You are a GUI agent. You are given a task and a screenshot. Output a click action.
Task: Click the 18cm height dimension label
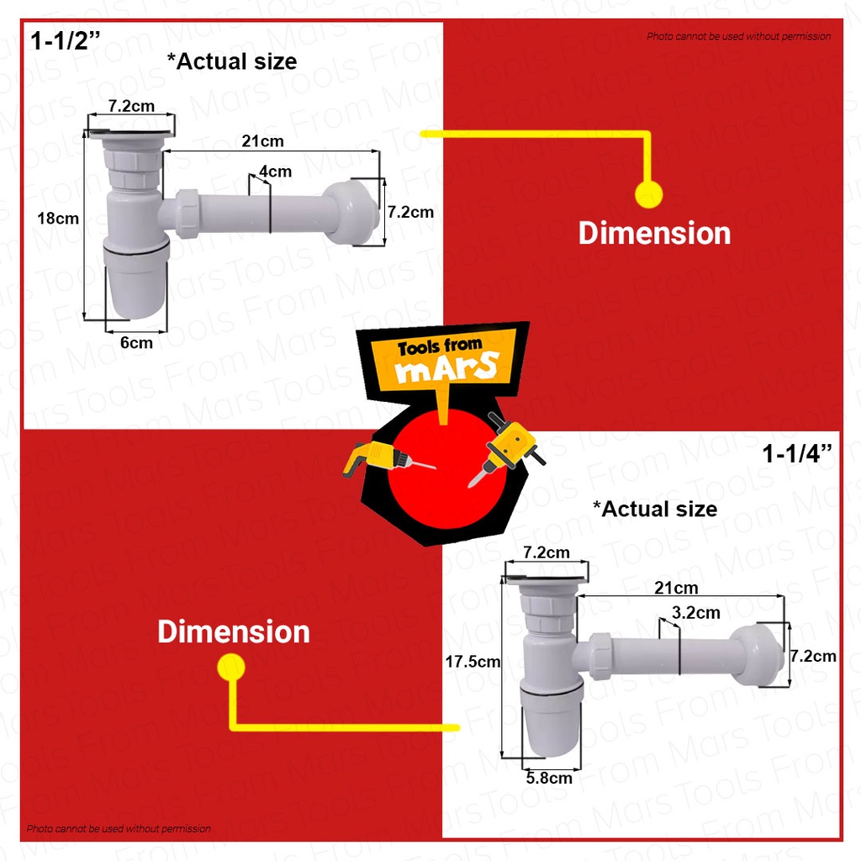coord(58,218)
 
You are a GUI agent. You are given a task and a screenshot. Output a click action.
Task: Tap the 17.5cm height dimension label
coord(473,662)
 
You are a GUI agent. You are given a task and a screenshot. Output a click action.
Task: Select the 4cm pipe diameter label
coord(276,172)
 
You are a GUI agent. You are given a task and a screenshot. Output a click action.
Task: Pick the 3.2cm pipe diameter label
coord(696,612)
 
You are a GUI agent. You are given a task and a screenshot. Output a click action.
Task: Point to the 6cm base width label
coord(136,342)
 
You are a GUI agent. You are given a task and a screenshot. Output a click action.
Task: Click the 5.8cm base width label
coord(549,778)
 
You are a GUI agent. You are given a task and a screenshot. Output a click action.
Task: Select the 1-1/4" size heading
coord(797,454)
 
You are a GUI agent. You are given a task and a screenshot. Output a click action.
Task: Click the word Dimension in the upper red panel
coord(654,233)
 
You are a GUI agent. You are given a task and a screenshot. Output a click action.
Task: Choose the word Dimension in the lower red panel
coord(234,631)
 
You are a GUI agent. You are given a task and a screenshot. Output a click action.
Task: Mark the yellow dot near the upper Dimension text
coord(648,194)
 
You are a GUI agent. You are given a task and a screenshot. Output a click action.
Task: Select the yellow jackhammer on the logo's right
coord(508,446)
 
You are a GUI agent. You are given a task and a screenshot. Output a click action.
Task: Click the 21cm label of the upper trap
coord(262,140)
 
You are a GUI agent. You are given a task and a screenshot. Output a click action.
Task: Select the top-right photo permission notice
coord(738,36)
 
